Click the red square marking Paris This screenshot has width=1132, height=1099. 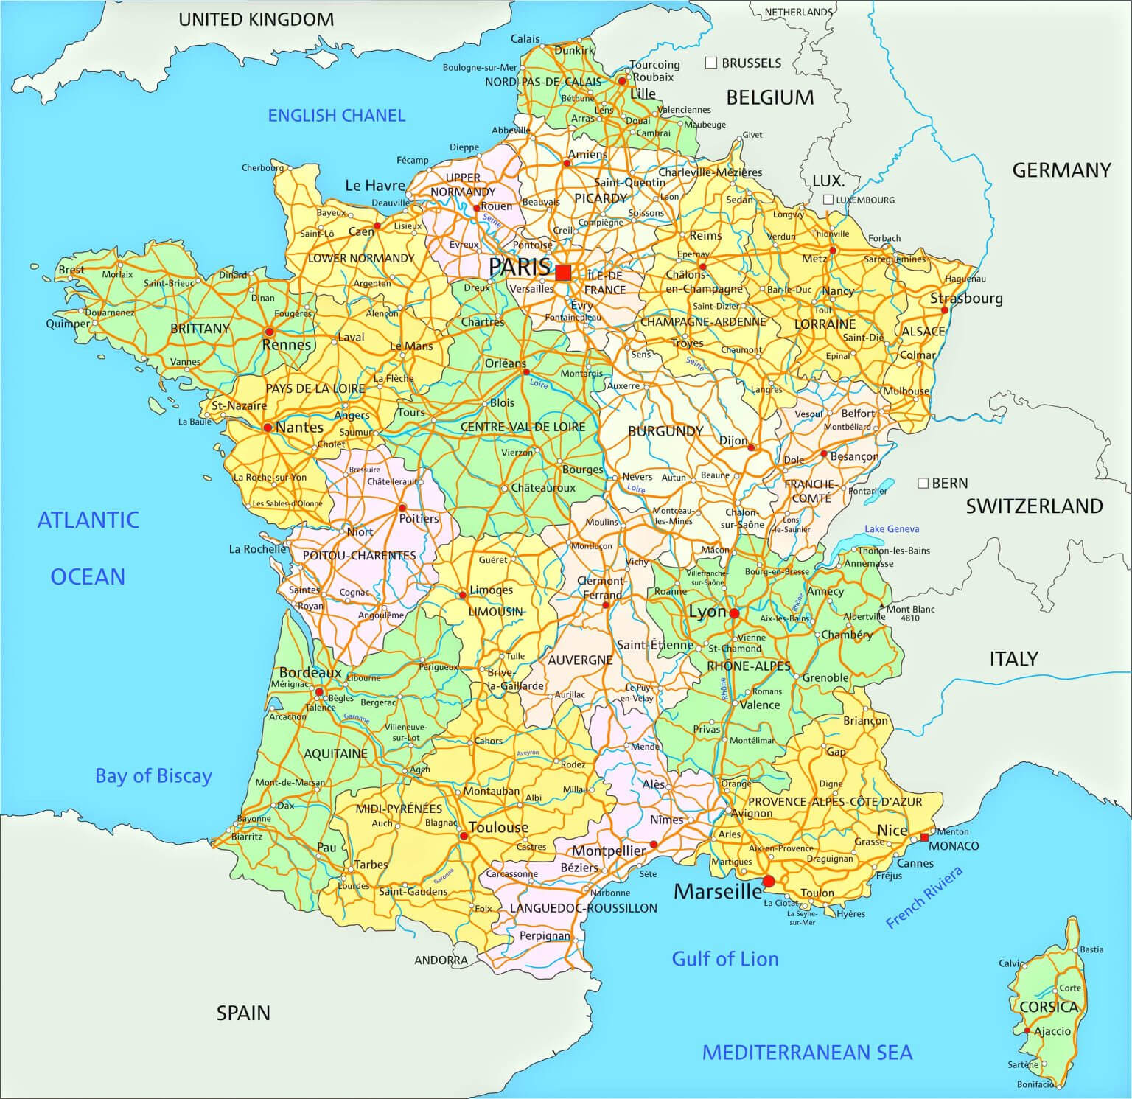click(564, 273)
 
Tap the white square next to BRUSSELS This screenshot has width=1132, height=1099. click(711, 63)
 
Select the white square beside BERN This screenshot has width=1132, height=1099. click(923, 483)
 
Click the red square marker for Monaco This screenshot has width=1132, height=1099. click(924, 837)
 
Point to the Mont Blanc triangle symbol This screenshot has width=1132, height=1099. click(881, 608)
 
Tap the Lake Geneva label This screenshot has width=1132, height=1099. click(892, 528)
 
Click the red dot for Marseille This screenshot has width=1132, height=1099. click(769, 881)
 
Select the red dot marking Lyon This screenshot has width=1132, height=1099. click(734, 613)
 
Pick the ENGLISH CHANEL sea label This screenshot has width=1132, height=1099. click(336, 115)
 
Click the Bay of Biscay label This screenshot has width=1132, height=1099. click(153, 775)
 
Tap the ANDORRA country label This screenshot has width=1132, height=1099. click(441, 960)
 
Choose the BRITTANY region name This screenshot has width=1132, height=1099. click(200, 328)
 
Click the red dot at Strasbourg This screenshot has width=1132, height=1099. click(945, 310)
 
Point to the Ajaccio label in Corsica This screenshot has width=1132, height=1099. click(1052, 1031)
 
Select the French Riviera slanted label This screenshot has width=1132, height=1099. click(924, 898)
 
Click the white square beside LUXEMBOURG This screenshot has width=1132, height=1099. click(828, 199)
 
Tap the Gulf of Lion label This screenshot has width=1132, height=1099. click(724, 958)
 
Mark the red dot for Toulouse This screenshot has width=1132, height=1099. click(464, 836)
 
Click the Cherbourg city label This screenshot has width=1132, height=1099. click(262, 167)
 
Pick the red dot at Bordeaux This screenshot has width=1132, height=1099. click(319, 692)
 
